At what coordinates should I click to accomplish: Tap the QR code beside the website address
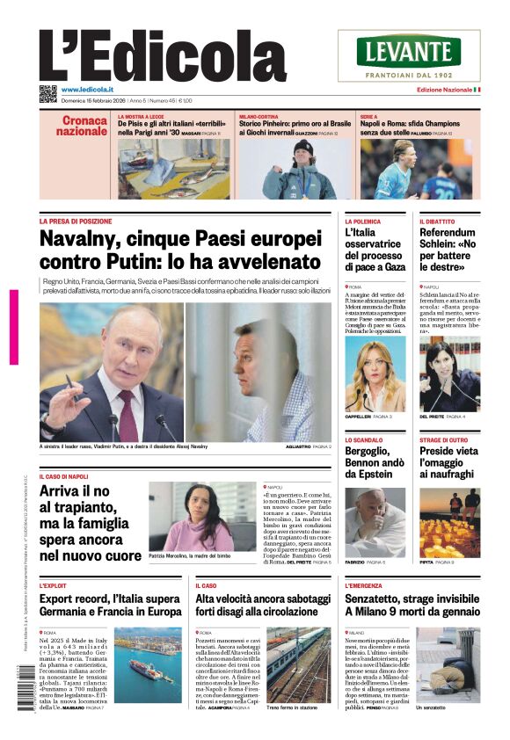[47, 93]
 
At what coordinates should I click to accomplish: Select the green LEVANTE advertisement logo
[409, 51]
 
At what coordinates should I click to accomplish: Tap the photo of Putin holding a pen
[111, 371]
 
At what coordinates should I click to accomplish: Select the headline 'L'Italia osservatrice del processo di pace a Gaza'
[375, 250]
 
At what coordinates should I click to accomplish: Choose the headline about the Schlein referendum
[450, 250]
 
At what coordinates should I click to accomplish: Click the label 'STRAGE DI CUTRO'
[443, 439]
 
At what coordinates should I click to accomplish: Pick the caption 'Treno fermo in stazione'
[290, 707]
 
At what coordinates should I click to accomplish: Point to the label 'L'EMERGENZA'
[362, 584]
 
